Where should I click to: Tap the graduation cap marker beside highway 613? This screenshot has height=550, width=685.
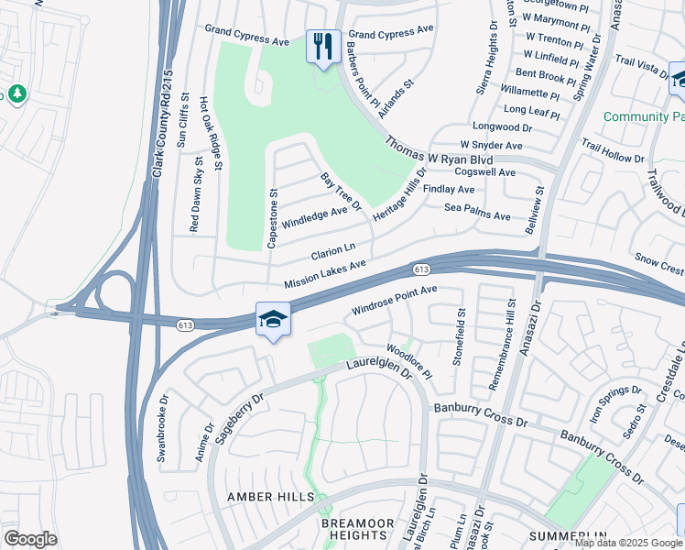tap(273, 320)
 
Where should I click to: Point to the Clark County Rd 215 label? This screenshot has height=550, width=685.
tap(163, 126)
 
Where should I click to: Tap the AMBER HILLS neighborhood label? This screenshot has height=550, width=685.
tap(270, 497)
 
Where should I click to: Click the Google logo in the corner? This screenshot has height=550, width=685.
tap(30, 539)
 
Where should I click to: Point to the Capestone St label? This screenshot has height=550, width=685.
tap(272, 219)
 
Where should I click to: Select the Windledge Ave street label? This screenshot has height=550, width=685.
tap(314, 218)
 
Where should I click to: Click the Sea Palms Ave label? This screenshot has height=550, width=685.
tap(477, 212)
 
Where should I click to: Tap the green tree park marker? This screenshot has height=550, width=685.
tap(16, 94)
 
